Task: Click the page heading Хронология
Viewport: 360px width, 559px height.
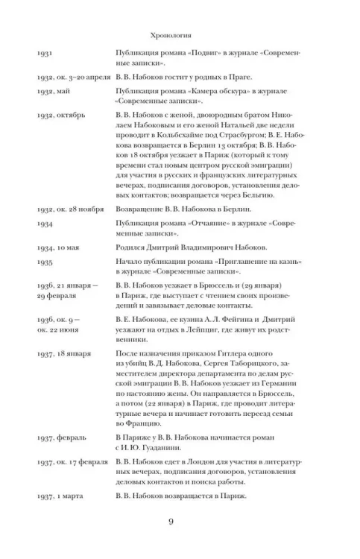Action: pyautogui.click(x=171, y=34)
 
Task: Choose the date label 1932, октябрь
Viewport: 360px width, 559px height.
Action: pyautogui.click(x=60, y=116)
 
